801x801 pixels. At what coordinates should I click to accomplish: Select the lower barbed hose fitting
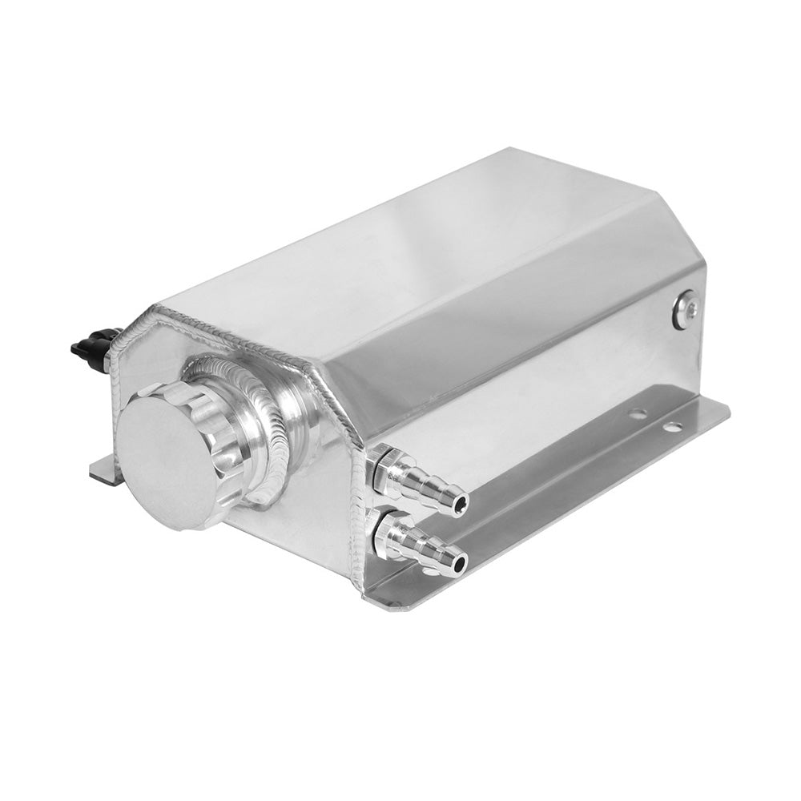[x=420, y=545]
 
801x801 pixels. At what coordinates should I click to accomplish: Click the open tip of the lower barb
[x=458, y=564]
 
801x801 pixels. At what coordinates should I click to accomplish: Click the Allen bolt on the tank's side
[x=686, y=308]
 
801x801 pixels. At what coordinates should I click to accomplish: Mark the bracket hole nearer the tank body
[x=638, y=414]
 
